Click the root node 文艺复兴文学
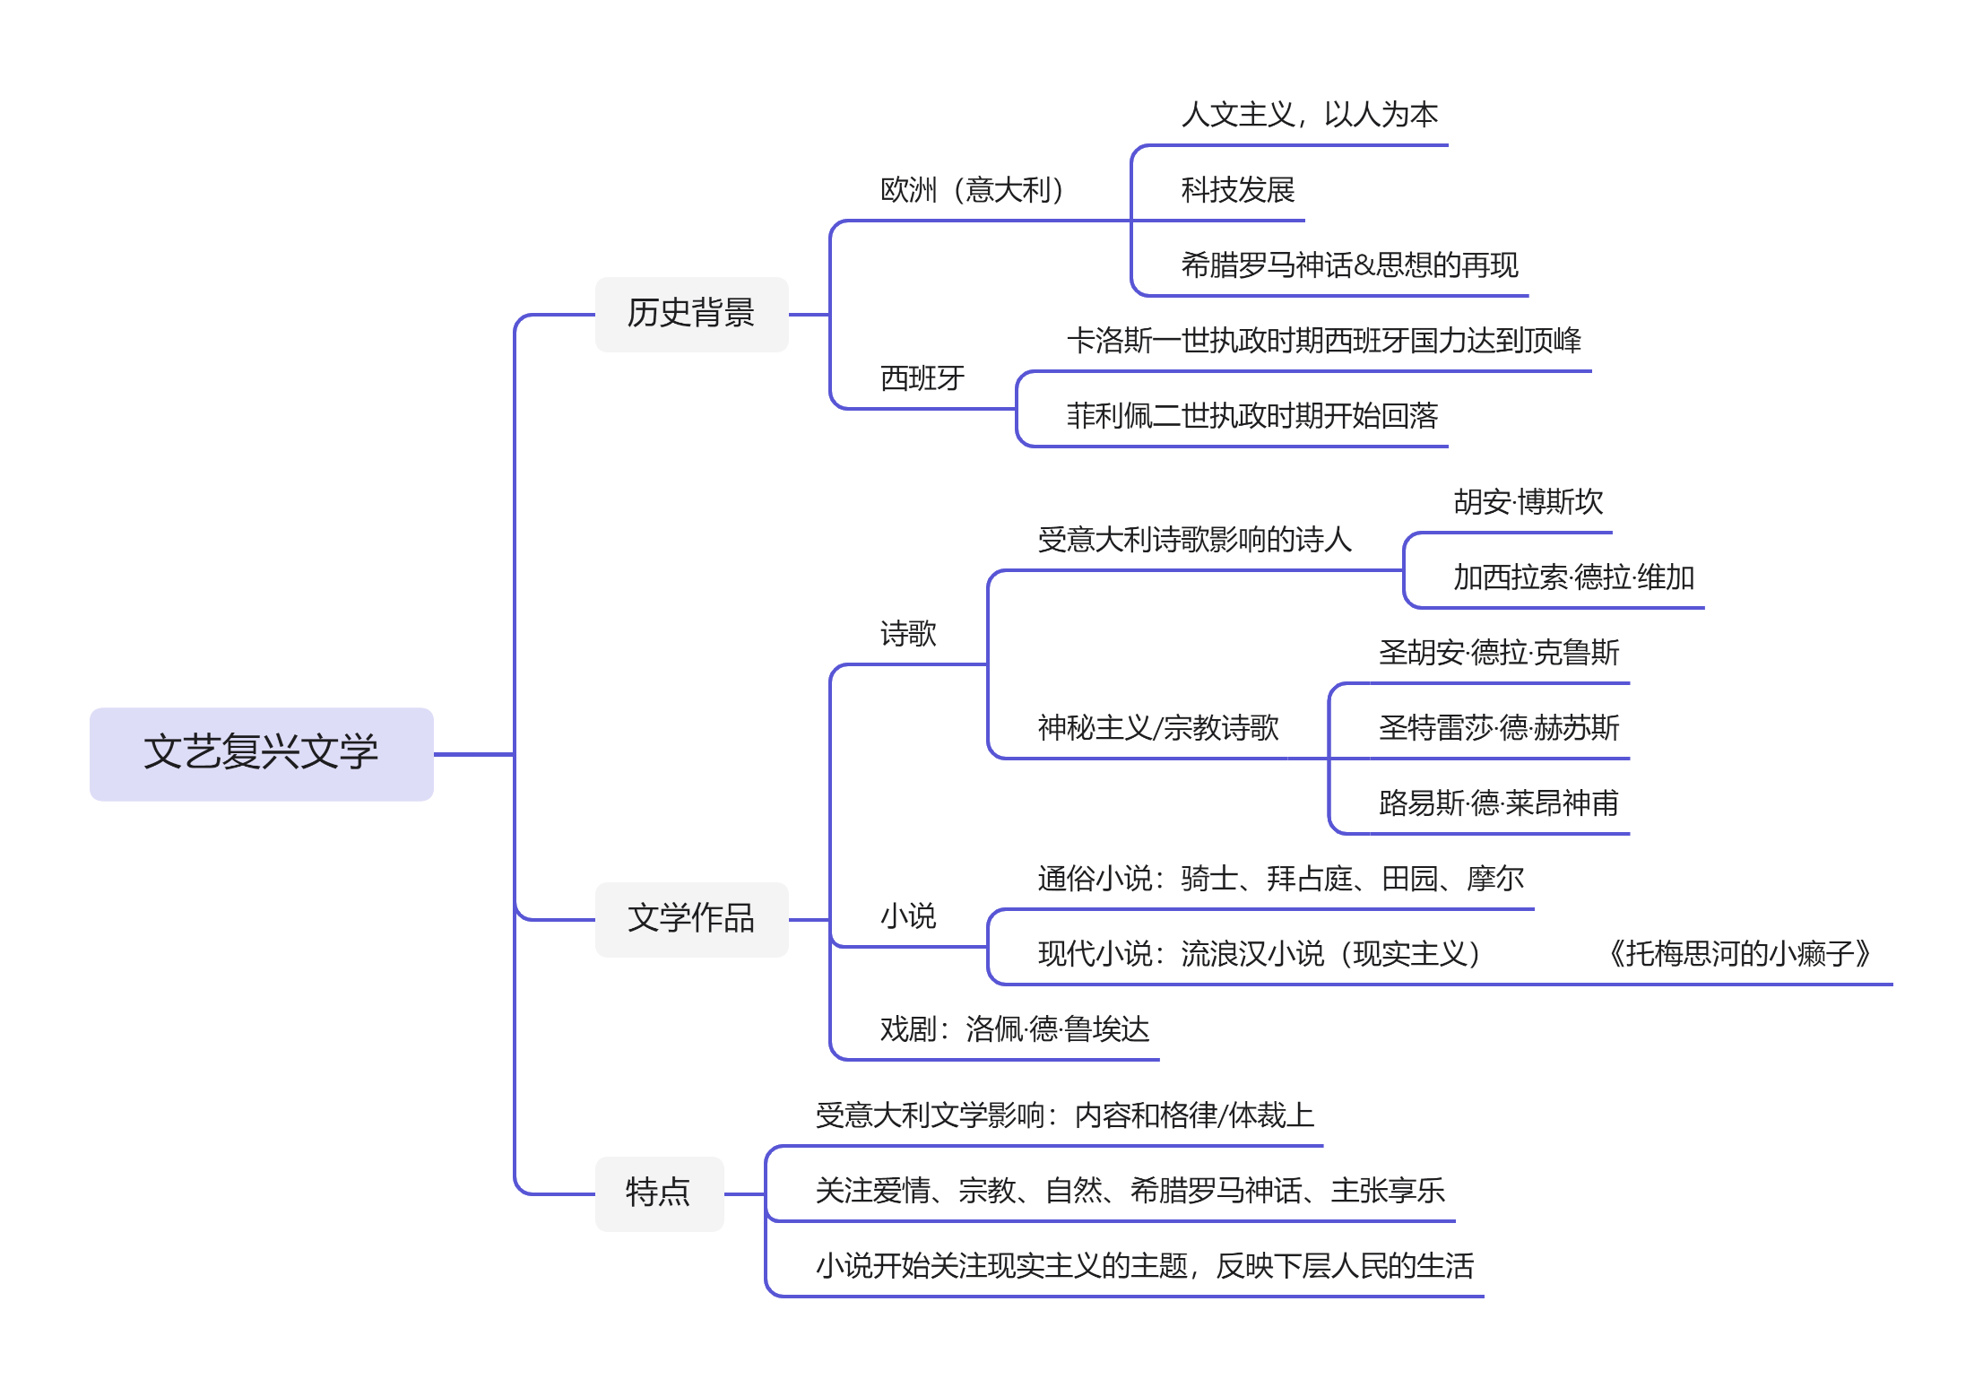tap(261, 753)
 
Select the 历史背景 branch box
tap(691, 314)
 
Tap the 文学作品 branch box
tap(691, 919)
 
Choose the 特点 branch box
tap(659, 1193)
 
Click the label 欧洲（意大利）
tap(972, 191)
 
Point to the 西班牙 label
tap(922, 379)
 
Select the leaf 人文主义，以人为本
tap(1309, 116)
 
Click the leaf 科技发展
tap(1237, 191)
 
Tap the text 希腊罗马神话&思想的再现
tap(1349, 266)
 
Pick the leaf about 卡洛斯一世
tap(1323, 342)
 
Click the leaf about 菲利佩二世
tap(1251, 417)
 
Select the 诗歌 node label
tap(908, 635)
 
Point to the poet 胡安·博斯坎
tap(1528, 503)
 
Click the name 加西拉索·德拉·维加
tap(1573, 578)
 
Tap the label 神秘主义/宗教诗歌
tap(1158, 728)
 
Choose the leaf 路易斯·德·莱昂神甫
tap(1498, 803)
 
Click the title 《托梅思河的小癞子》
tap(1739, 954)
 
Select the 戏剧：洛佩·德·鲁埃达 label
tap(1014, 1029)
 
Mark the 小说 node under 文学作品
tap(908, 917)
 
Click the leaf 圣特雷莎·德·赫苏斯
tap(1498, 728)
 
